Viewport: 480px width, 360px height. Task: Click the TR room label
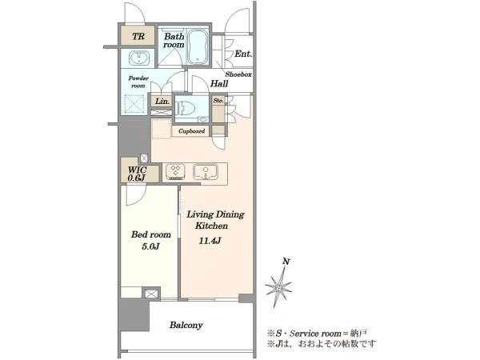[x=138, y=37]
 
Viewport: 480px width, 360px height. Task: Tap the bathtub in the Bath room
[x=198, y=47]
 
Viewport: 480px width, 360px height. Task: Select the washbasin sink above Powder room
[x=139, y=58]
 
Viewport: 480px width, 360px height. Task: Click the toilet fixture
[x=186, y=108]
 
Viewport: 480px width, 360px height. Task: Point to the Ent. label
[x=243, y=54]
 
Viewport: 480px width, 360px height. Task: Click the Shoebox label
[x=238, y=74]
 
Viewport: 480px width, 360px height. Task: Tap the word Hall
[x=219, y=83]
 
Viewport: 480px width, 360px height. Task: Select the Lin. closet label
[x=162, y=101]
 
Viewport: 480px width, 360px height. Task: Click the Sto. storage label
[x=218, y=101]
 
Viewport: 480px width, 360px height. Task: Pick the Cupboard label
[x=192, y=131]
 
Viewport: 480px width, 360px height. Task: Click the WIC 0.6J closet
[x=140, y=174]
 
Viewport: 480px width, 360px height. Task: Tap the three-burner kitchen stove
[x=175, y=172]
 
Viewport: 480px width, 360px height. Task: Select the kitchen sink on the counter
[x=206, y=172]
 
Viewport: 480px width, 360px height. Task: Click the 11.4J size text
[x=210, y=241]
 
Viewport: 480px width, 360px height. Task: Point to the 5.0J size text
[x=150, y=246]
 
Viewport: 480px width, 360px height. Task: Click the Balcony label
[x=186, y=325]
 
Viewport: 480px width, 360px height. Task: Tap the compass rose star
[x=278, y=287]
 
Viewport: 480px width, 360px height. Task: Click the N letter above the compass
[x=286, y=262]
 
